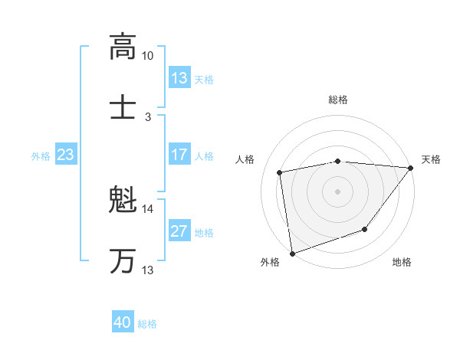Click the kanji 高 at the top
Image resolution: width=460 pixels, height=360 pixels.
[x=122, y=47]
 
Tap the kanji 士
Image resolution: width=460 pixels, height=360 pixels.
[x=122, y=106]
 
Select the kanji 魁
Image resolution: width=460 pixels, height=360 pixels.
[x=122, y=201]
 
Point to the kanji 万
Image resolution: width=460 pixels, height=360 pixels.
[x=122, y=261]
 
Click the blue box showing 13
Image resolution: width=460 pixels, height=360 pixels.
[x=179, y=78]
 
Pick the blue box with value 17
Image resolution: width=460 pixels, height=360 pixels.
[x=179, y=155]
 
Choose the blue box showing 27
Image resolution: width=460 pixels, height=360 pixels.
[x=179, y=231]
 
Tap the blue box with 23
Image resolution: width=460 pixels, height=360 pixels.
[x=65, y=155]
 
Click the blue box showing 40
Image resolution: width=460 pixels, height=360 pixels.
[x=123, y=322]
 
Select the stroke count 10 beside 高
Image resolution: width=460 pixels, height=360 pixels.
[x=147, y=56]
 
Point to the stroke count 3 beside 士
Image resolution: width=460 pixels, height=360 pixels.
[x=147, y=116]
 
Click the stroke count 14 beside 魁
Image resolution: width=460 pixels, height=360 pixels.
[x=147, y=209]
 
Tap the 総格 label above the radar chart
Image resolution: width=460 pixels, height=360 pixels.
[x=337, y=100]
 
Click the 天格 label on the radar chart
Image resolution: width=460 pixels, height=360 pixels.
[x=431, y=159]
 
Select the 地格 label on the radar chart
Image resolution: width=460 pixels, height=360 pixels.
[x=402, y=262]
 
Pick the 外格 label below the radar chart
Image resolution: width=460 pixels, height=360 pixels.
[x=270, y=262]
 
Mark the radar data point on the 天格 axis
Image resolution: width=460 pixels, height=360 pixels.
[x=411, y=168]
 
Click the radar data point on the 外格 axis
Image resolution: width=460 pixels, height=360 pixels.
[x=291, y=253]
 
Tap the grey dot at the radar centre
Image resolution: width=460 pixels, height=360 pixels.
[x=337, y=191]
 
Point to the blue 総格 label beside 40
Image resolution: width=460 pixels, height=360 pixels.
[x=147, y=324]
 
